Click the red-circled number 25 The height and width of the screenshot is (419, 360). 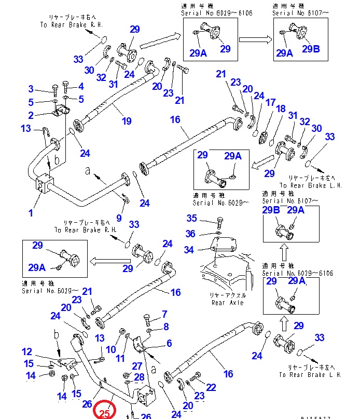tap(104, 413)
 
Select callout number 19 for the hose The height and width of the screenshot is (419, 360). tap(127, 121)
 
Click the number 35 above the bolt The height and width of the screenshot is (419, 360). tap(192, 218)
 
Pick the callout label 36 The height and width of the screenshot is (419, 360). tap(192, 234)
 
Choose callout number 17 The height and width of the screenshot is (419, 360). tap(270, 103)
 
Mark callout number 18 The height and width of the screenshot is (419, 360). tap(281, 109)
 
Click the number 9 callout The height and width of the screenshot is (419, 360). tap(119, 218)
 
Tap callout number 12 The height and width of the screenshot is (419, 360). tap(26, 352)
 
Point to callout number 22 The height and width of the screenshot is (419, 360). tap(211, 387)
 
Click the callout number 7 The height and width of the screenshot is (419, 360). tap(165, 314)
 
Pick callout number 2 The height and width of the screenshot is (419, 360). tap(31, 115)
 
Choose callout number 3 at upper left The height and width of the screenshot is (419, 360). tap(31, 89)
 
